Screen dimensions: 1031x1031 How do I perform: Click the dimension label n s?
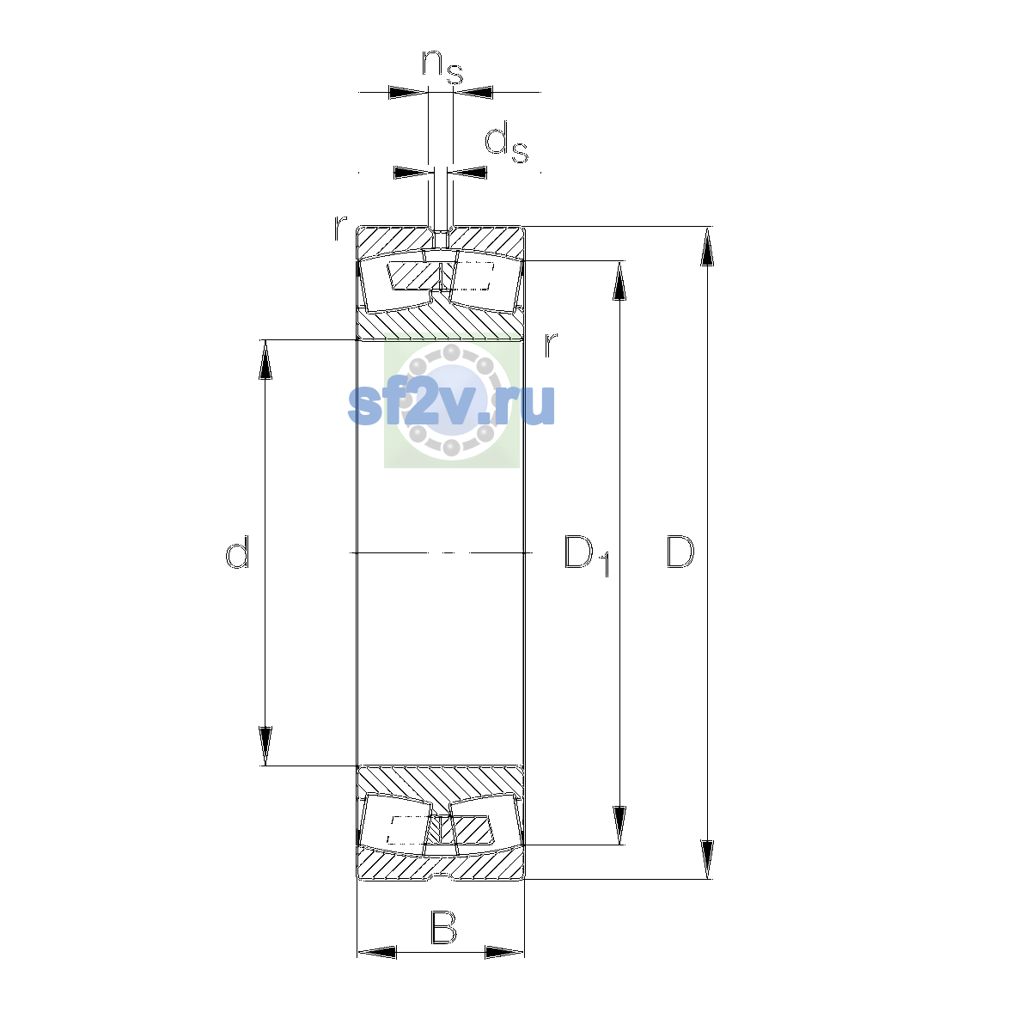point(442,67)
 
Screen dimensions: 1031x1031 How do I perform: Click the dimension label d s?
point(506,143)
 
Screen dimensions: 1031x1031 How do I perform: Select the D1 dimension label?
point(587,555)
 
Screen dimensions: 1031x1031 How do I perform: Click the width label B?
point(443,927)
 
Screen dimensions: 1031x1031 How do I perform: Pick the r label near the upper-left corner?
point(339,227)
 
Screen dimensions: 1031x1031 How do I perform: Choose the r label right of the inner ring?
point(551,345)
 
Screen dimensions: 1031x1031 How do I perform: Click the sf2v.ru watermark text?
point(451,405)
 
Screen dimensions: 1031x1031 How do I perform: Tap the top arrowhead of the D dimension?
point(707,246)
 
